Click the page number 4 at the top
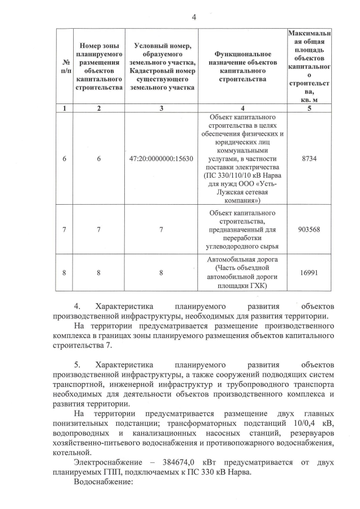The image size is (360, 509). (x=193, y=17)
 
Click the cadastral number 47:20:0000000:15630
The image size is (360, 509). (x=161, y=159)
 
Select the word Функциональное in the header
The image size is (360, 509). (x=242, y=61)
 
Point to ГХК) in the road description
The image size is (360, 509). (x=257, y=286)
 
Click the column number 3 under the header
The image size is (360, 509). (x=161, y=109)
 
